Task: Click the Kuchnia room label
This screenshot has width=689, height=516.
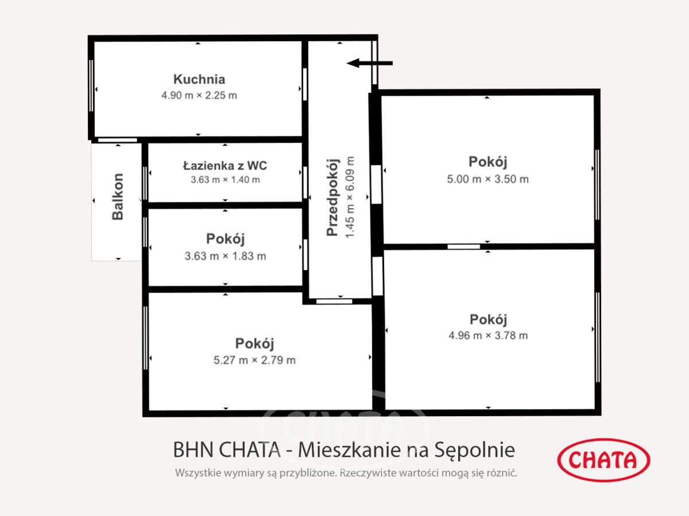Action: pyautogui.click(x=199, y=80)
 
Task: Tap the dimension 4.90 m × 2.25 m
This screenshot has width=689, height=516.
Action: pyautogui.click(x=199, y=95)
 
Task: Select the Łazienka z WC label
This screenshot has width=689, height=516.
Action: pyautogui.click(x=225, y=166)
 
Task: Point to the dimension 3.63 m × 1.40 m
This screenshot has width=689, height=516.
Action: pyautogui.click(x=225, y=179)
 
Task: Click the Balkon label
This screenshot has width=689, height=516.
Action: pyautogui.click(x=118, y=197)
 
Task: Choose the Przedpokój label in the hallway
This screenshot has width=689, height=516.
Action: pyautogui.click(x=332, y=197)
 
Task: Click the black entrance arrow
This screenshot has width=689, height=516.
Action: pyautogui.click(x=370, y=63)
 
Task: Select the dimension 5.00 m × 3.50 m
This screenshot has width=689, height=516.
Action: pyautogui.click(x=488, y=179)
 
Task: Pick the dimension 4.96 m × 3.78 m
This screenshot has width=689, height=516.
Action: pyautogui.click(x=488, y=335)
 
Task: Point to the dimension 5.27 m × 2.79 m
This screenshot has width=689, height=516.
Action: pyautogui.click(x=254, y=360)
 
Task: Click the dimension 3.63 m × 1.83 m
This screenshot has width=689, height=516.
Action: pyautogui.click(x=225, y=256)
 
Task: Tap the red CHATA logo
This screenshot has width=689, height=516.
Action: pyautogui.click(x=603, y=459)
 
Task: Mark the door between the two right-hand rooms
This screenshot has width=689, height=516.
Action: pyautogui.click(x=463, y=247)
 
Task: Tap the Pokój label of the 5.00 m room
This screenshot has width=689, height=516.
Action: pyautogui.click(x=488, y=162)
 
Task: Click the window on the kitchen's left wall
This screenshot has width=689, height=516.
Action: pyautogui.click(x=91, y=85)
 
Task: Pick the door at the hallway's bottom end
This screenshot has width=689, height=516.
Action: pyautogui.click(x=334, y=301)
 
